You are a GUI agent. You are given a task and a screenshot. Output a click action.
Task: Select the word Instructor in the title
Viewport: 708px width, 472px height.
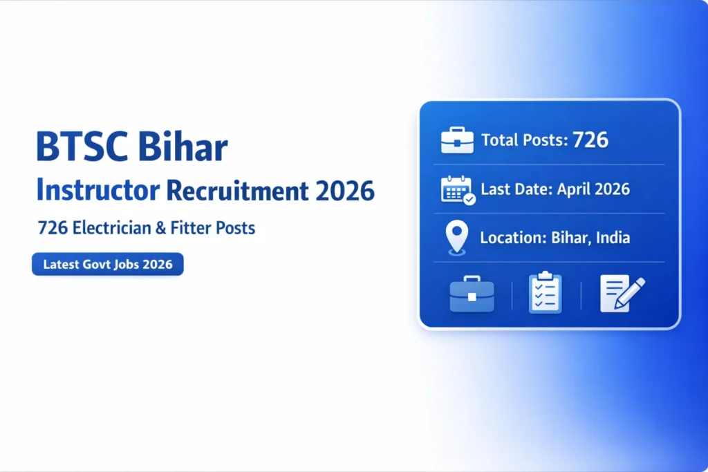click(88, 190)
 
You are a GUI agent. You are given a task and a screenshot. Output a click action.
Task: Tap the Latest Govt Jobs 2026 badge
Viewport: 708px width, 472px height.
click(108, 264)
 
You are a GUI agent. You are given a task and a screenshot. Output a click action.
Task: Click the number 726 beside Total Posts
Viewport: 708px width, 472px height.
click(590, 140)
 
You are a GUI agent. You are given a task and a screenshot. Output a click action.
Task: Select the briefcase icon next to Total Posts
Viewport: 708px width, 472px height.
click(457, 140)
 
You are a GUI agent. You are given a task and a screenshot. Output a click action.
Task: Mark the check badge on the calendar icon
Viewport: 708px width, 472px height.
click(469, 199)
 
